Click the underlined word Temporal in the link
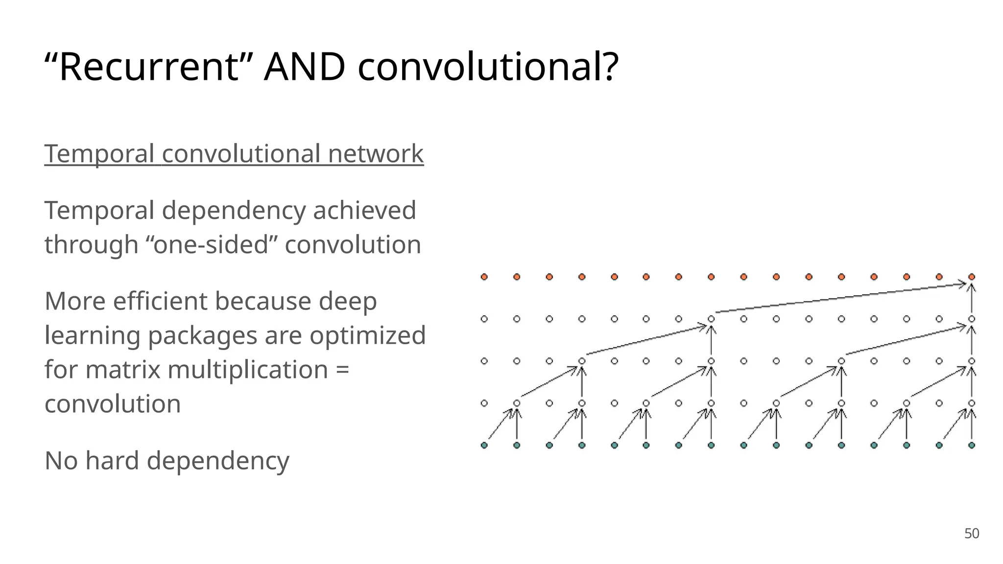point(99,154)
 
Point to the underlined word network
point(376,154)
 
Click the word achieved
point(364,211)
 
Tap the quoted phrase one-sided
point(212,244)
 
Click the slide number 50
point(972,534)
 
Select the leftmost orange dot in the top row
point(484,277)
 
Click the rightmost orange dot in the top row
point(972,277)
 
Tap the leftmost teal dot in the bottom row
point(484,445)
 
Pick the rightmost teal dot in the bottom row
point(972,445)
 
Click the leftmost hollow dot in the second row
point(484,319)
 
